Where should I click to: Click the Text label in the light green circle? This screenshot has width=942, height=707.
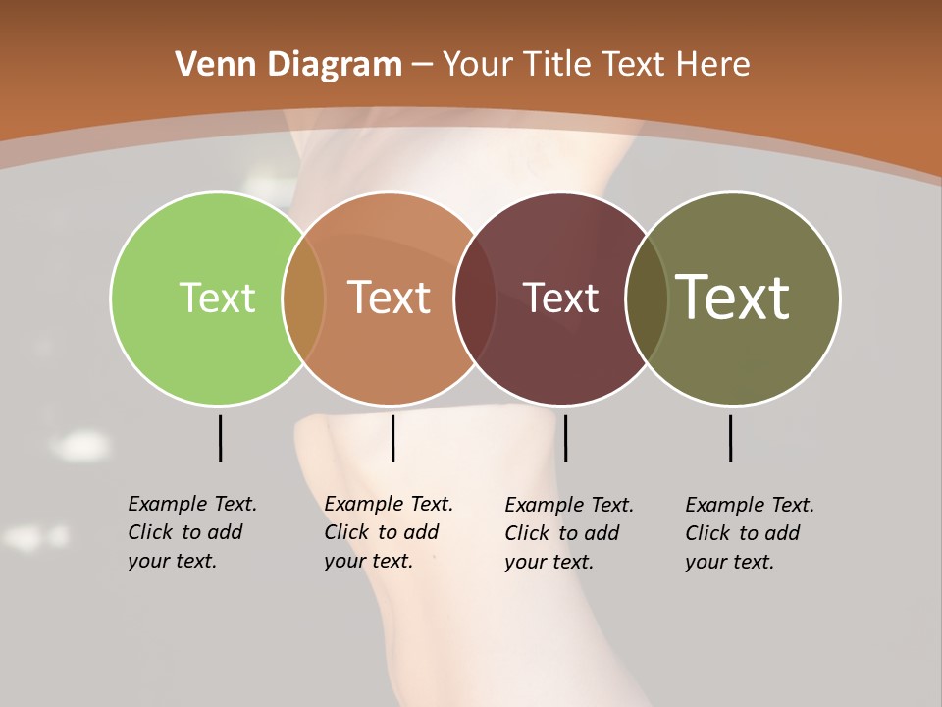coord(217,298)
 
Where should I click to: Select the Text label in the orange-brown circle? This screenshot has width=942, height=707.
coord(390,298)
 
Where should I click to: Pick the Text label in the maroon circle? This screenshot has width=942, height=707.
coord(561,298)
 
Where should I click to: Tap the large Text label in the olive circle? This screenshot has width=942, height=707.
coord(733,298)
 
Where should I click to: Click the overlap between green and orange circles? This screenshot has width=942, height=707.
coord(303,299)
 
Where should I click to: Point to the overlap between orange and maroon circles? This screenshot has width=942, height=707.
coord(475,299)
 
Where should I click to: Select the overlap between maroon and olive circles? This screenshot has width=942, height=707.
coord(647,299)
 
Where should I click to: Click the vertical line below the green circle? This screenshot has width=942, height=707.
coord(220,438)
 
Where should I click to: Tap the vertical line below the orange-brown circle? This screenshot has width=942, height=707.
coord(392,438)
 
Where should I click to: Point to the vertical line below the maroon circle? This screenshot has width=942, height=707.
coord(565,438)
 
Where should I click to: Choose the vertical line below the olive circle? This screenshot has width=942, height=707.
coord(730,438)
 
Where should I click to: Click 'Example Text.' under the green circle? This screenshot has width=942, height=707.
coord(192,504)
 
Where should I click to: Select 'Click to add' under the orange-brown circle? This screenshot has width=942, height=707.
coord(382,532)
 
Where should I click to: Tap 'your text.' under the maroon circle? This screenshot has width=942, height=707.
coord(549,562)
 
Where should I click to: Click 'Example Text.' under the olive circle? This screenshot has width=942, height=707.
coord(750,505)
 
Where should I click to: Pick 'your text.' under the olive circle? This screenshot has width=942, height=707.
coord(730,562)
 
